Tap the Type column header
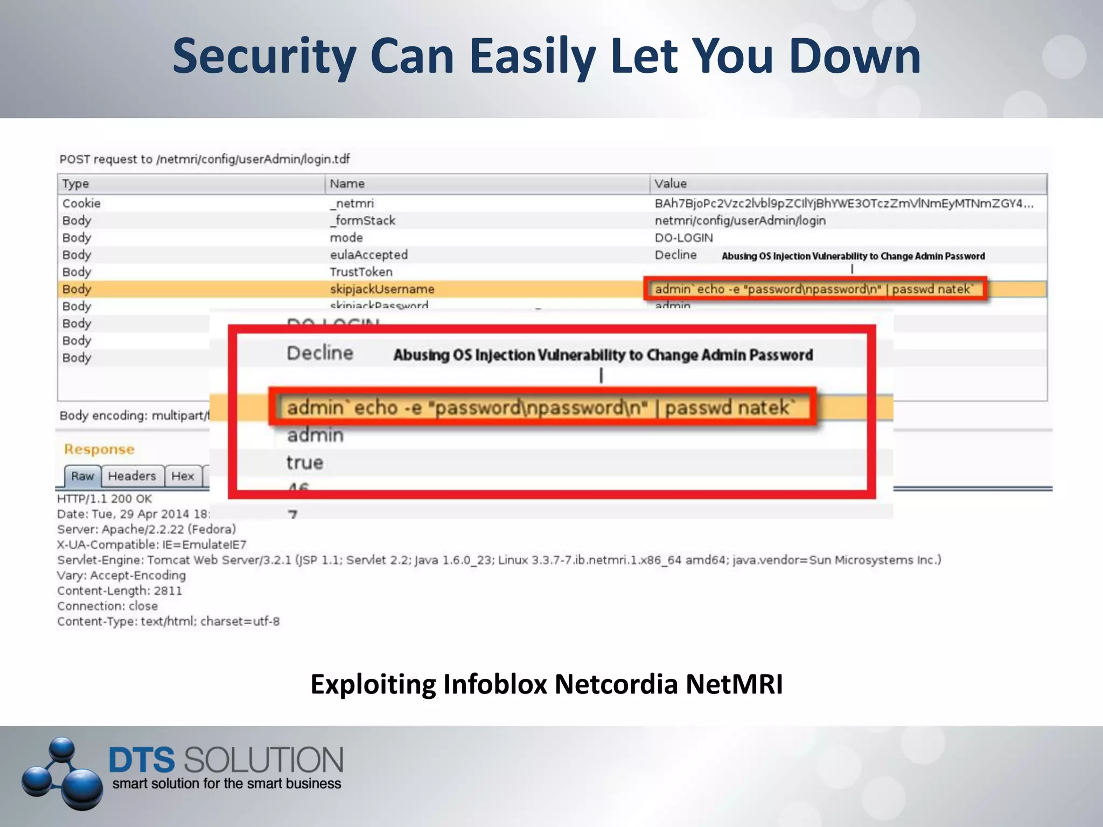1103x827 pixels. click(75, 184)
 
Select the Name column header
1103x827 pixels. click(347, 184)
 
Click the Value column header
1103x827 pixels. click(670, 184)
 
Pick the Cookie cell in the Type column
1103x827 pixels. click(81, 204)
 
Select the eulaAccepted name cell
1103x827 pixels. click(368, 255)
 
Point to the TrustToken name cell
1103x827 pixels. click(361, 272)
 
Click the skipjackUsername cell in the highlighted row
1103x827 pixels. click(382, 289)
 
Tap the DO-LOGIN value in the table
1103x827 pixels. click(683, 238)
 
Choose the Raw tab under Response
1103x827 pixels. click(82, 476)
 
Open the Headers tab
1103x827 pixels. click(132, 476)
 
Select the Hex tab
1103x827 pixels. click(183, 476)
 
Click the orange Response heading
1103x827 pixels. click(99, 449)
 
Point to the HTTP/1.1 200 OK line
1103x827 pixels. click(104, 499)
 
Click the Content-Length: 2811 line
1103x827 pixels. click(120, 591)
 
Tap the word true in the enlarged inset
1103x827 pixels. click(305, 462)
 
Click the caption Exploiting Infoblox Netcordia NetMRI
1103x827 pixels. click(547, 684)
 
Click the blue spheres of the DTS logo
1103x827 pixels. click(62, 773)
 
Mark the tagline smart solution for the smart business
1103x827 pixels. click(227, 783)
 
